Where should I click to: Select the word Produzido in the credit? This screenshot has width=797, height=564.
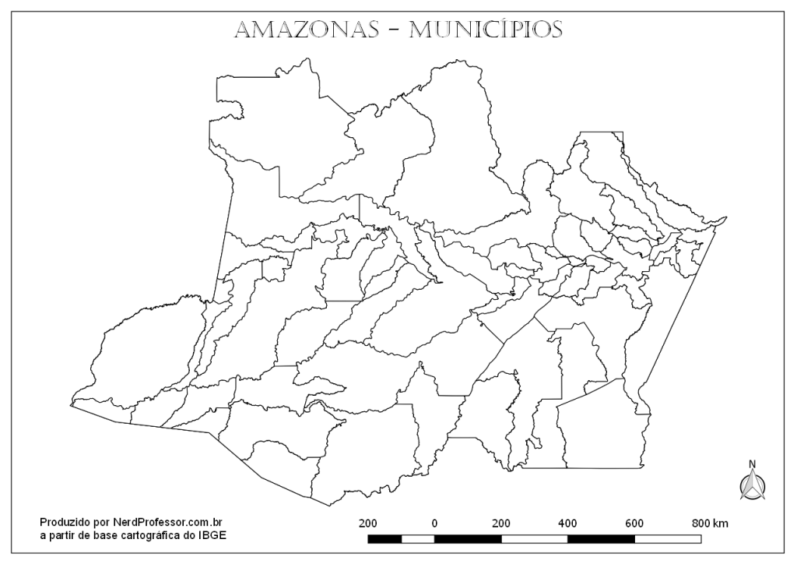(65, 522)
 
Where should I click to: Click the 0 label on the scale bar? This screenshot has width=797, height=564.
(434, 522)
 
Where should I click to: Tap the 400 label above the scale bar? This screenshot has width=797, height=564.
(567, 522)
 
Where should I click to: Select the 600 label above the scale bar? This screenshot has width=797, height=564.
(634, 522)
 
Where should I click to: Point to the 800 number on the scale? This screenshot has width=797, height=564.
(701, 522)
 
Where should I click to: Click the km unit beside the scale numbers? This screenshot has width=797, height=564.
(722, 522)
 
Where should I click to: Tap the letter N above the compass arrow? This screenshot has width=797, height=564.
(752, 464)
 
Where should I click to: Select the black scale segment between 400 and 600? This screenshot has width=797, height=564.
(601, 538)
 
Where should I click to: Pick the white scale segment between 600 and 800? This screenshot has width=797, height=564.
(668, 538)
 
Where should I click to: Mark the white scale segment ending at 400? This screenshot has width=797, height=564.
(534, 538)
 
